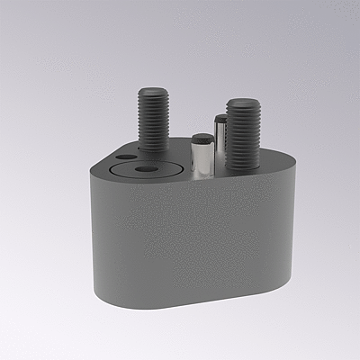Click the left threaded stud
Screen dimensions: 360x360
154,121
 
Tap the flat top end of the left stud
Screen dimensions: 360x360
154,91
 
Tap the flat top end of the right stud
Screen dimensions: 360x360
242,103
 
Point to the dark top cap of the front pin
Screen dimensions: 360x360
202,139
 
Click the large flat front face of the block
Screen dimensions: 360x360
193,238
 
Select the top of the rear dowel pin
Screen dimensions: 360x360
220,117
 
